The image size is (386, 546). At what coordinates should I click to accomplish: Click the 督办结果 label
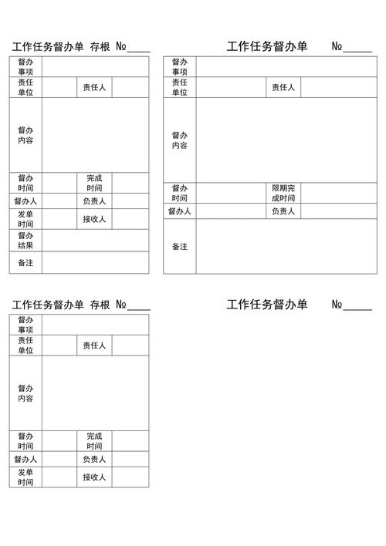[x=25, y=241]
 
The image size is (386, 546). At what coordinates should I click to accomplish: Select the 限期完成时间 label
[x=283, y=193]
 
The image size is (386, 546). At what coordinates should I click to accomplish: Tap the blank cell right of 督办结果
[x=95, y=241]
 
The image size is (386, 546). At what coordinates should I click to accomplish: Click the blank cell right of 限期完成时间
[x=339, y=193]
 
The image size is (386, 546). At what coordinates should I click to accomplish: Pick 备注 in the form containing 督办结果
[x=25, y=263]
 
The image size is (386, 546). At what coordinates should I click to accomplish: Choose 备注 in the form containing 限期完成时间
[x=180, y=247]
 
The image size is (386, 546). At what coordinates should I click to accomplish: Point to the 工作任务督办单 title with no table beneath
[x=267, y=305]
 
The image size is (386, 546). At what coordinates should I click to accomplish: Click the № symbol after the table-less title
[x=337, y=305]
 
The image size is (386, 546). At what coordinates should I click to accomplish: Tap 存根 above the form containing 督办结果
[x=100, y=46]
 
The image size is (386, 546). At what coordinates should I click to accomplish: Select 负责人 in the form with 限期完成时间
[x=283, y=211]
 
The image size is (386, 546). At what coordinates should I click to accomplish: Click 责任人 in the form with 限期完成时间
[x=283, y=87]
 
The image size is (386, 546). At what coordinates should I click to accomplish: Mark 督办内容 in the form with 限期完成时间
[x=180, y=140]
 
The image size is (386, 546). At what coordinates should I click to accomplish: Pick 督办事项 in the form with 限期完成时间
[x=180, y=66]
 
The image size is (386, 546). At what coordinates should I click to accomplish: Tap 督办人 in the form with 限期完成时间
[x=180, y=211]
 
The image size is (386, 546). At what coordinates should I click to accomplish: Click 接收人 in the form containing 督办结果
[x=94, y=219]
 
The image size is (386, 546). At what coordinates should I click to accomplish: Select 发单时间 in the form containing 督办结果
[x=25, y=219]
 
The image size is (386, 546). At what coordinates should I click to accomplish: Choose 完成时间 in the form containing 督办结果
[x=94, y=183]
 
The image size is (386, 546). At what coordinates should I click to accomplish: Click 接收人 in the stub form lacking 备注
[x=94, y=477]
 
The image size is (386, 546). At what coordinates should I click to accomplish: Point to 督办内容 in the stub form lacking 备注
[x=25, y=393]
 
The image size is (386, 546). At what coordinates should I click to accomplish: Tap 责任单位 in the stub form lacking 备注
[x=25, y=345]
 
